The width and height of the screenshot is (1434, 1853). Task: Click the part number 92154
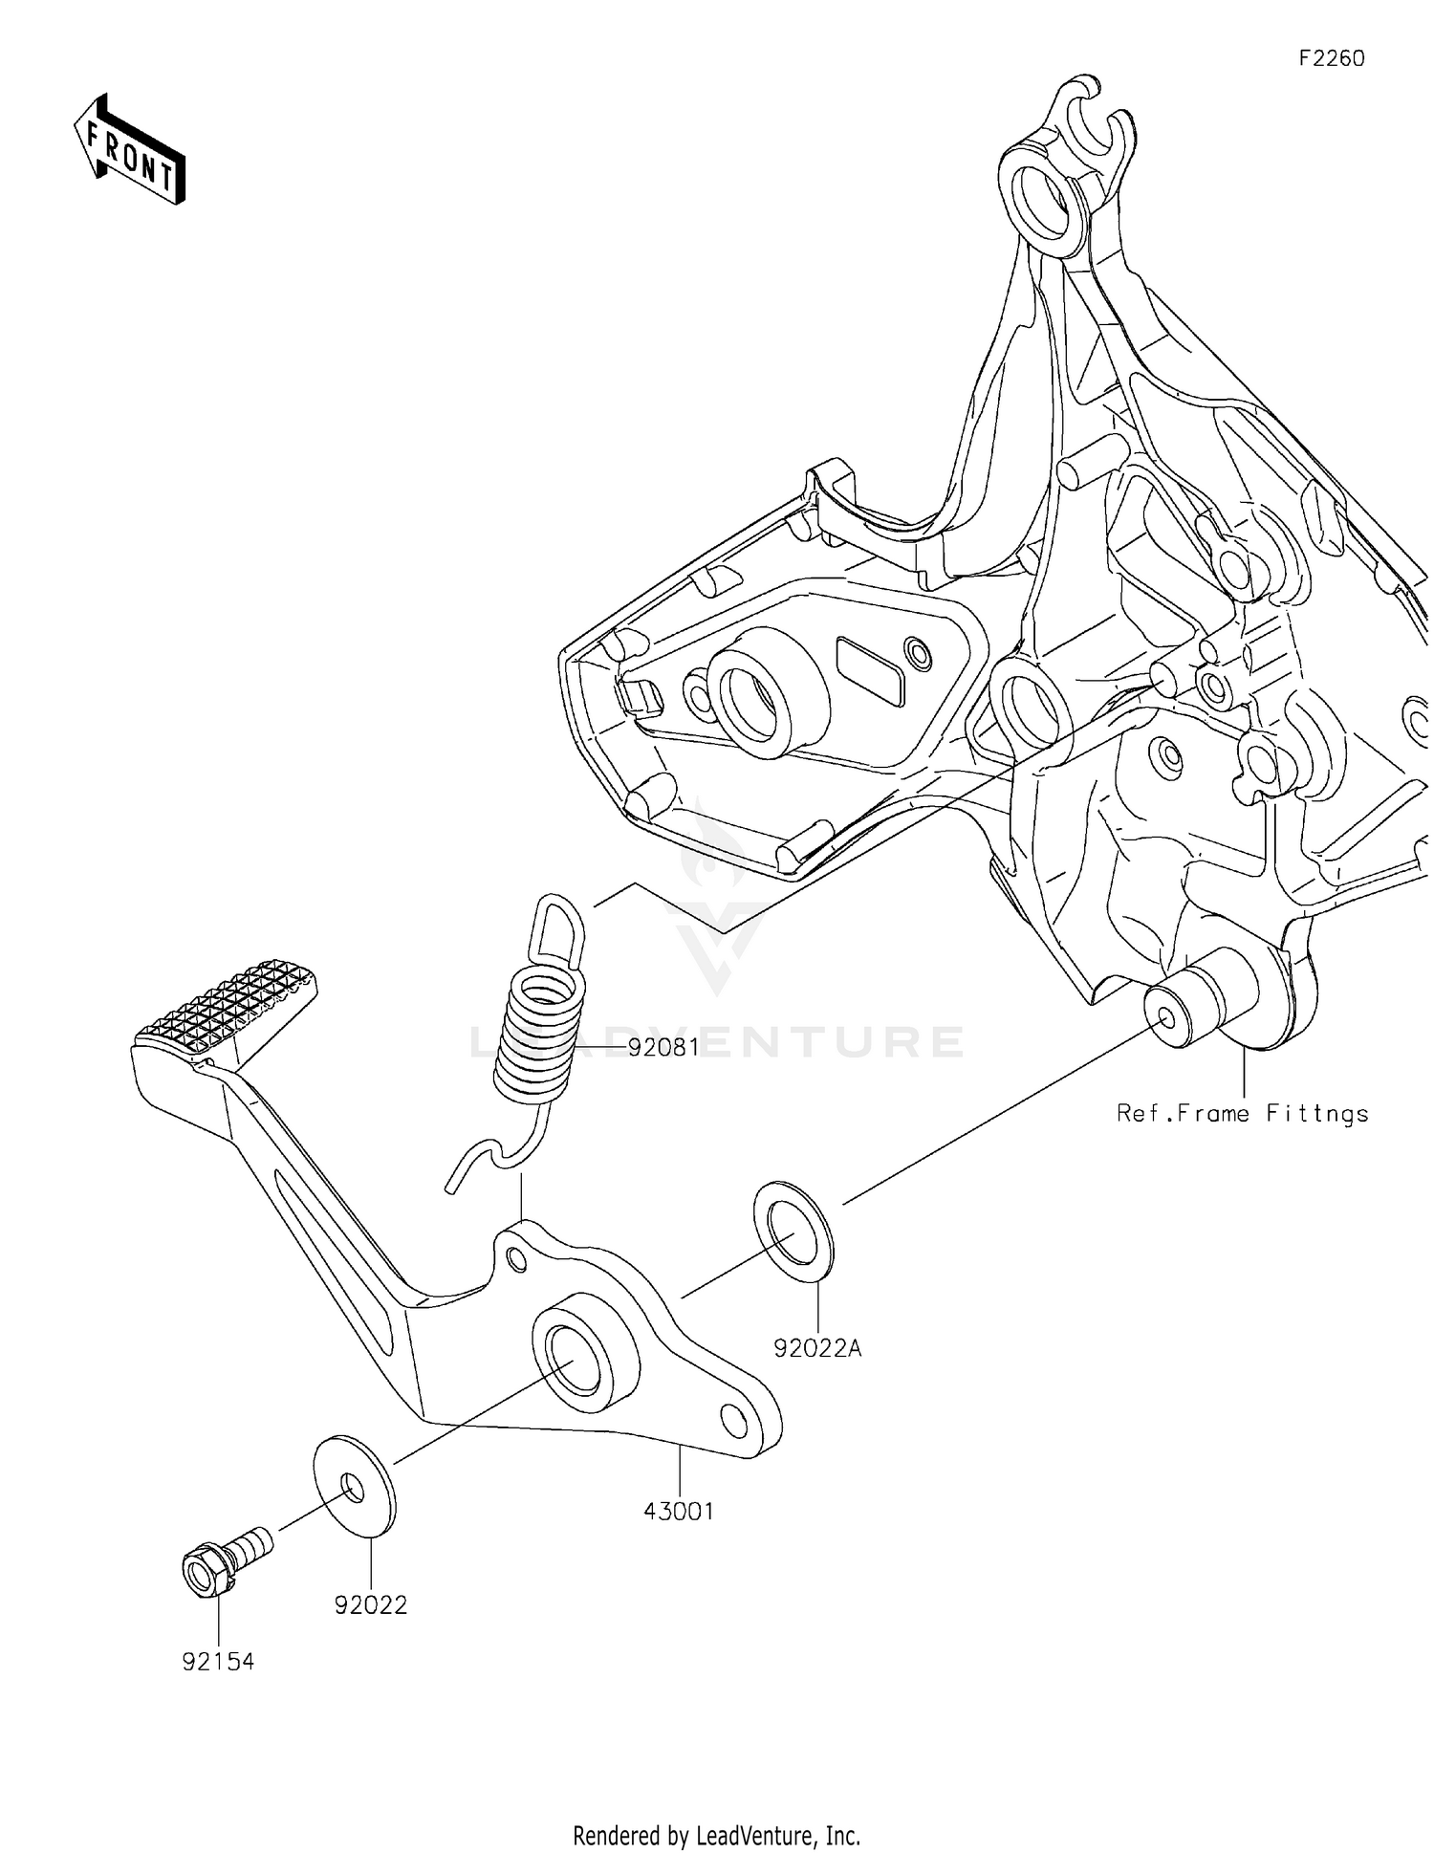coord(218,1662)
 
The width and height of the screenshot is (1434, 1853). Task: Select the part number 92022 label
coord(371,1605)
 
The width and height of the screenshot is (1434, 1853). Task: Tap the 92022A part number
coord(817,1348)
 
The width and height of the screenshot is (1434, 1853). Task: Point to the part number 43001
coord(679,1511)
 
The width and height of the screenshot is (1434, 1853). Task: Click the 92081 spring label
coord(663,1047)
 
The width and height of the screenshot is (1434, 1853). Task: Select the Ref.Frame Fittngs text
coord(1242,1113)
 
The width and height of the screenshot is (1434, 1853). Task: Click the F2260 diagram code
coord(1331,58)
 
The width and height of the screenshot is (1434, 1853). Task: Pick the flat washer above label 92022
coord(354,1487)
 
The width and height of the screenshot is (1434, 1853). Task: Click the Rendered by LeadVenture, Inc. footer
coord(716,1835)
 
